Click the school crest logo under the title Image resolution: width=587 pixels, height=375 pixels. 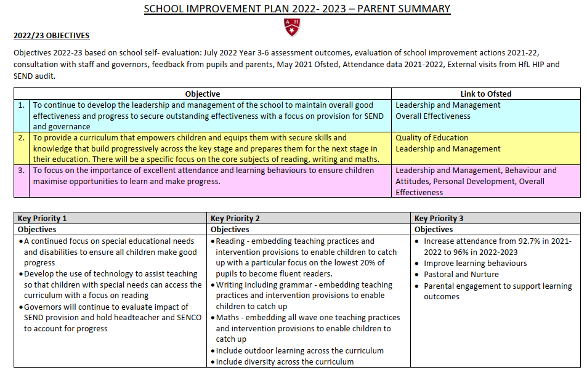[292, 26]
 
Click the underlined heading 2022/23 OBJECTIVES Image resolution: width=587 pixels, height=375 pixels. [52, 36]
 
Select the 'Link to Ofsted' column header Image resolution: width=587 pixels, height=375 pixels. [485, 94]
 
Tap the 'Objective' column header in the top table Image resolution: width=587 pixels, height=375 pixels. [203, 94]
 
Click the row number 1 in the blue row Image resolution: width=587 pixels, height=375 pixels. [21, 105]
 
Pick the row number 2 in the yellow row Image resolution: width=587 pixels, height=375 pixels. [21, 138]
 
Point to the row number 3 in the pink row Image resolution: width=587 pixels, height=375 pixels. [21, 171]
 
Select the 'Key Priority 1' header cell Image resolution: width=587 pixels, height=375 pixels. [43, 218]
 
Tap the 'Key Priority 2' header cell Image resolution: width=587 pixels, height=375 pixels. [235, 218]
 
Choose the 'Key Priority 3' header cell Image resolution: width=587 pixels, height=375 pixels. [439, 218]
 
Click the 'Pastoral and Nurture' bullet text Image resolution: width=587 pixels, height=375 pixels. [461, 275]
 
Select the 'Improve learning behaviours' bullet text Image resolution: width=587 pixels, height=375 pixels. [475, 264]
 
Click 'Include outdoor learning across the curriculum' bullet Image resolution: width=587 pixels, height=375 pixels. [299, 351]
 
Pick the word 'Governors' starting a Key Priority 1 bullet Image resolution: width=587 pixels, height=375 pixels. [44, 307]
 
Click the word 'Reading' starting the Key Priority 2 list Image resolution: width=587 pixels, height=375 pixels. [230, 241]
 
